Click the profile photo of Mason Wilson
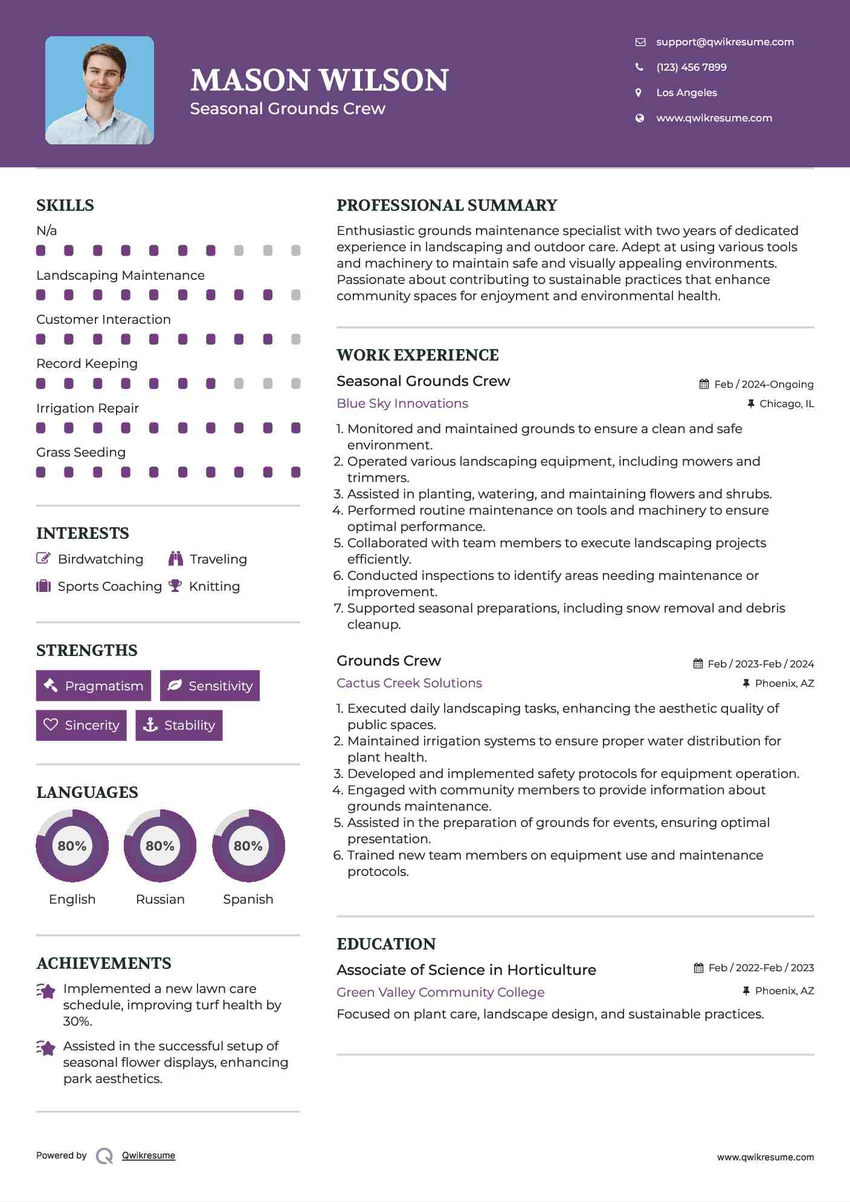(100, 91)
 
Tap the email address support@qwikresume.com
(724, 42)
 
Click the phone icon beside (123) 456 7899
(639, 67)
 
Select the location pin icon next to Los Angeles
(639, 92)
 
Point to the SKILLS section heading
(65, 205)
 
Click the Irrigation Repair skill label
(88, 408)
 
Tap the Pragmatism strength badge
(94, 686)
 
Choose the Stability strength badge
(179, 725)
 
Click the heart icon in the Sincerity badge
(51, 724)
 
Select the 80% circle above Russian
(160, 846)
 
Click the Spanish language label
(248, 899)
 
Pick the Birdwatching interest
(100, 559)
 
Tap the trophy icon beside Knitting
(175, 586)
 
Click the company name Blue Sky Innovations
(402, 403)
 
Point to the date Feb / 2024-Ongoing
(764, 384)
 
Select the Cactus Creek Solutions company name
(409, 683)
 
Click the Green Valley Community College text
(440, 992)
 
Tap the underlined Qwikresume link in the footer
(149, 1155)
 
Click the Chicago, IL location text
(787, 403)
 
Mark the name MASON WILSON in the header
(320, 80)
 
